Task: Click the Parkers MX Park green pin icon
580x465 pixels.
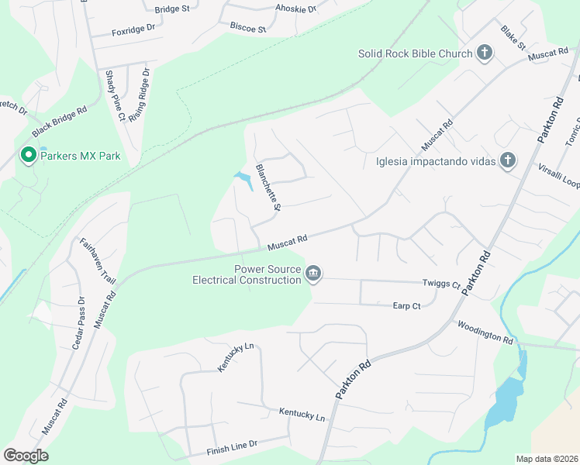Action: tap(29, 156)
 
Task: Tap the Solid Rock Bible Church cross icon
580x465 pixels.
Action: tap(485, 53)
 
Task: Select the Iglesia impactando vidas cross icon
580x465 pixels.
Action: tap(508, 161)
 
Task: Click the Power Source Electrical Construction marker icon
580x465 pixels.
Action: tap(314, 274)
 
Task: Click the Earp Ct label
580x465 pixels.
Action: tap(406, 306)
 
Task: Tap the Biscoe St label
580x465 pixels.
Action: tap(247, 26)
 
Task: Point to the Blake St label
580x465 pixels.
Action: tap(513, 36)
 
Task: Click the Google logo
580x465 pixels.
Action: tap(26, 456)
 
